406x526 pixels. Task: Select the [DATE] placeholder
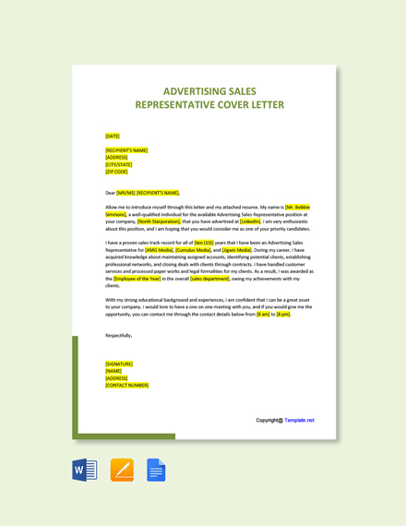[113, 136]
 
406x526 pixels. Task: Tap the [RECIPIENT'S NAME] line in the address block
[126, 150]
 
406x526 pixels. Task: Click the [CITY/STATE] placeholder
[118, 164]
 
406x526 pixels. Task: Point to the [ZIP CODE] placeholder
[116, 172]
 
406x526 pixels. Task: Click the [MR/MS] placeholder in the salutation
[125, 193]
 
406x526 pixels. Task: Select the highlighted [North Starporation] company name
[159, 221]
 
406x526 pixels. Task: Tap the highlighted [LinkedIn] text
[250, 221]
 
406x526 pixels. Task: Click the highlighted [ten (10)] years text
[204, 243]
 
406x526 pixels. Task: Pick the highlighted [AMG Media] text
[160, 250]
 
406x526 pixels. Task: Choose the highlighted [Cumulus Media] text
[193, 250]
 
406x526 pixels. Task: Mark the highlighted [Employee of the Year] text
[137, 279]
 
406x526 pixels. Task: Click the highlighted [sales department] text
[210, 279]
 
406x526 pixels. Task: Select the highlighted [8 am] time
[263, 314]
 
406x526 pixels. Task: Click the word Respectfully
[118, 335]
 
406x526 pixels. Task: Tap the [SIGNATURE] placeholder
[119, 364]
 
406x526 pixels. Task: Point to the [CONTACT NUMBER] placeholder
[126, 385]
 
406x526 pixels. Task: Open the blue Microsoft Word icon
[85, 470]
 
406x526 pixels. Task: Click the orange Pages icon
[122, 470]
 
